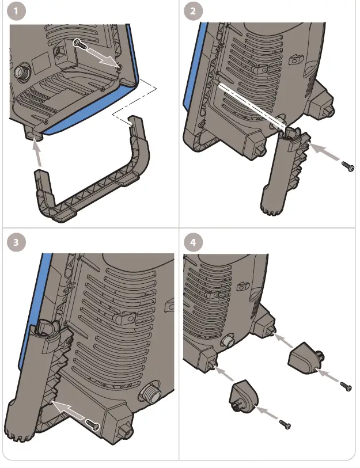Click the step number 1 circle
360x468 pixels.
19,12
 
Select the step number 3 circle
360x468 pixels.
19,242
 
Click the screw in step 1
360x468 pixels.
80,44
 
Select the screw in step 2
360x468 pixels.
347,166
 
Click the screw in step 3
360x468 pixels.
93,425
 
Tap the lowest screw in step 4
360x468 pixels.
285,424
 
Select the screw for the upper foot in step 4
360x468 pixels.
346,386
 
